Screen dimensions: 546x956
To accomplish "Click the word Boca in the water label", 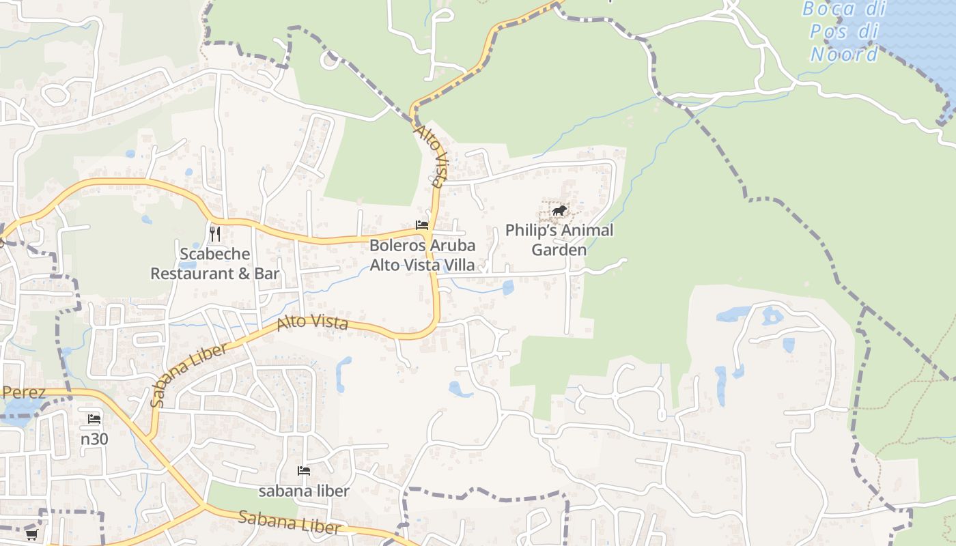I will point(828,9).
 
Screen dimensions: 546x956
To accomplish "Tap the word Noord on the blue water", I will point(845,54).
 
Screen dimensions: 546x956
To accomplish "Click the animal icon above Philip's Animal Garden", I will point(559,210).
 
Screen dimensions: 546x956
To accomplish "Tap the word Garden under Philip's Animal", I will point(559,250).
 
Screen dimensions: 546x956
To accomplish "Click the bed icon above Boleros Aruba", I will point(422,225).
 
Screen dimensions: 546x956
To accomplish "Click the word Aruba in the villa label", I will point(453,246).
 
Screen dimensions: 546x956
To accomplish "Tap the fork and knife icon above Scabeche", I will point(215,234).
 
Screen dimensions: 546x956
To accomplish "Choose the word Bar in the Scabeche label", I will point(268,274).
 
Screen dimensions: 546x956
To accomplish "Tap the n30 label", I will point(94,439).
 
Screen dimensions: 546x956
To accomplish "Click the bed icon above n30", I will point(94,419).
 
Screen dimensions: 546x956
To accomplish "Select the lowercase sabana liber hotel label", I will point(304,491).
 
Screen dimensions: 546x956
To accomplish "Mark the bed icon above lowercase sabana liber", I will point(304,471).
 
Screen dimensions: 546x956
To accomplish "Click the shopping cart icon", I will point(31,534).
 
